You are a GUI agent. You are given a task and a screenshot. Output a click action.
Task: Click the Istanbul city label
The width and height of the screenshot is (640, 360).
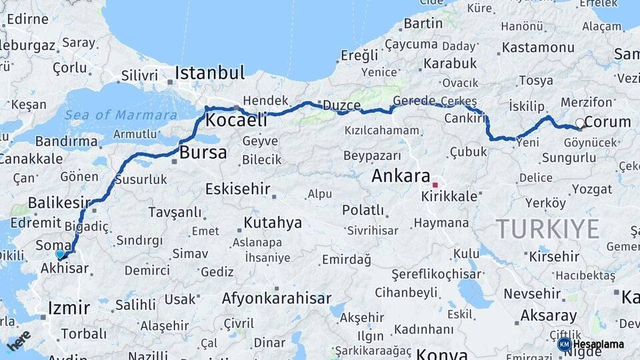point(209,72)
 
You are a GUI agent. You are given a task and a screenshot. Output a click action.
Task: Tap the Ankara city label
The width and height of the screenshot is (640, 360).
point(400,176)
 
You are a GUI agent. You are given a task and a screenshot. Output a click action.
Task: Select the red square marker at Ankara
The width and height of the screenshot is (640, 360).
point(435,185)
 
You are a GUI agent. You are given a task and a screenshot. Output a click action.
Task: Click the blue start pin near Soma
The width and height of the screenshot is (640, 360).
point(60,253)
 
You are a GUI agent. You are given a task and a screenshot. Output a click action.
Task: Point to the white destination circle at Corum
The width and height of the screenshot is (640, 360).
point(580,123)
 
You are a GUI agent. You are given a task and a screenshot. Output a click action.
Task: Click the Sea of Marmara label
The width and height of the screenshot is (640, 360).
point(121,115)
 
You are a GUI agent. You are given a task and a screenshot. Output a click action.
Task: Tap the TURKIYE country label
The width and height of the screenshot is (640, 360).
point(547,229)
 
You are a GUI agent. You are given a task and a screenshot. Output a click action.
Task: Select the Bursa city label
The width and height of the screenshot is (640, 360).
point(203,152)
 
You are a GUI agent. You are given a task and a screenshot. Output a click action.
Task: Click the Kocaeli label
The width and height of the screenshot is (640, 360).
point(236,120)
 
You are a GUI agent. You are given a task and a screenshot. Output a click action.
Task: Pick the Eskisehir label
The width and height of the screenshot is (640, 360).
point(237,189)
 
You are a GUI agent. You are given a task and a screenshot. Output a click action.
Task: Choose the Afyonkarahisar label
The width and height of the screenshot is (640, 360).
point(276,298)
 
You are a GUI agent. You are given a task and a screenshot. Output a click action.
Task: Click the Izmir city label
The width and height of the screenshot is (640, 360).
point(69,308)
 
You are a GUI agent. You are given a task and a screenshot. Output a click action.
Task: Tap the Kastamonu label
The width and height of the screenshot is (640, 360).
point(537,47)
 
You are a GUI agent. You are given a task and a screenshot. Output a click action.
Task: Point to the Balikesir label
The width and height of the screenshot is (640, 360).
point(59,202)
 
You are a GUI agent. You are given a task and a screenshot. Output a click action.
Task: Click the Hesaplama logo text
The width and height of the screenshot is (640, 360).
point(598,344)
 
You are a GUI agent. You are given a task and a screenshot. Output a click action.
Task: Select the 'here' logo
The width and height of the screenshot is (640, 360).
point(19,341)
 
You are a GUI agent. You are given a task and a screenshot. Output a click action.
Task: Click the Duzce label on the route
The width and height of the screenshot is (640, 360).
point(341,105)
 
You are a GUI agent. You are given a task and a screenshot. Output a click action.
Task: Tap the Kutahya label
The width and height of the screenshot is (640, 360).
point(272,222)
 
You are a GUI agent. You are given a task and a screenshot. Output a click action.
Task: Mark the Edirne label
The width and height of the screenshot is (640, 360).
point(27,19)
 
